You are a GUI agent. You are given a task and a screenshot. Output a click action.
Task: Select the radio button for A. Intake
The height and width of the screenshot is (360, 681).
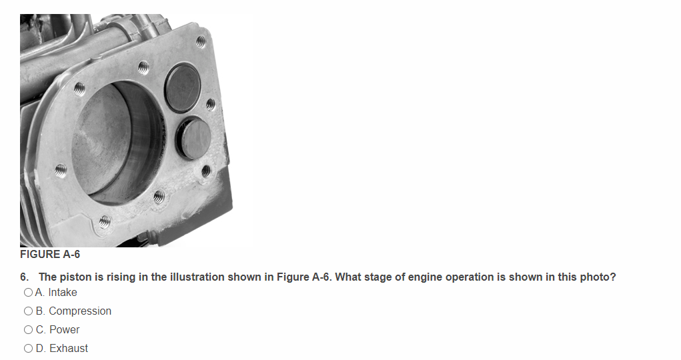[x=28, y=293]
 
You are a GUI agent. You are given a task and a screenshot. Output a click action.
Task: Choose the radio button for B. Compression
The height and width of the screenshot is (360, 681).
[x=28, y=311]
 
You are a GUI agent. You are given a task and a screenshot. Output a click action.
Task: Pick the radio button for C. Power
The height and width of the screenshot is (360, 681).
[x=28, y=330]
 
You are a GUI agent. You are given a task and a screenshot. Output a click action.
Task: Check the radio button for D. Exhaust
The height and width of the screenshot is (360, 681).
[x=28, y=349]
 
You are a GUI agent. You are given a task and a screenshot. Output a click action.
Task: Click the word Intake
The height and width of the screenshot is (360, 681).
[x=63, y=293]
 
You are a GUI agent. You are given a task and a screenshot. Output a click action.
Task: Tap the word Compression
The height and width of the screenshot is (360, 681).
[x=80, y=311]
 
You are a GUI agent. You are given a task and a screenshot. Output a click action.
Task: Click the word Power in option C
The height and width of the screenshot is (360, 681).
[x=64, y=330]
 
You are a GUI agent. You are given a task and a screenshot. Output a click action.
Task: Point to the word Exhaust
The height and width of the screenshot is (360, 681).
[x=69, y=349]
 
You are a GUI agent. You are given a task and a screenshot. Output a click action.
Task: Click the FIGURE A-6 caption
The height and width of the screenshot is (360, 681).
[x=50, y=254]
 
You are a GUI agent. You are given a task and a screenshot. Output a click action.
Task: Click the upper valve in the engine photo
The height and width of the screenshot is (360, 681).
[x=183, y=88]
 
